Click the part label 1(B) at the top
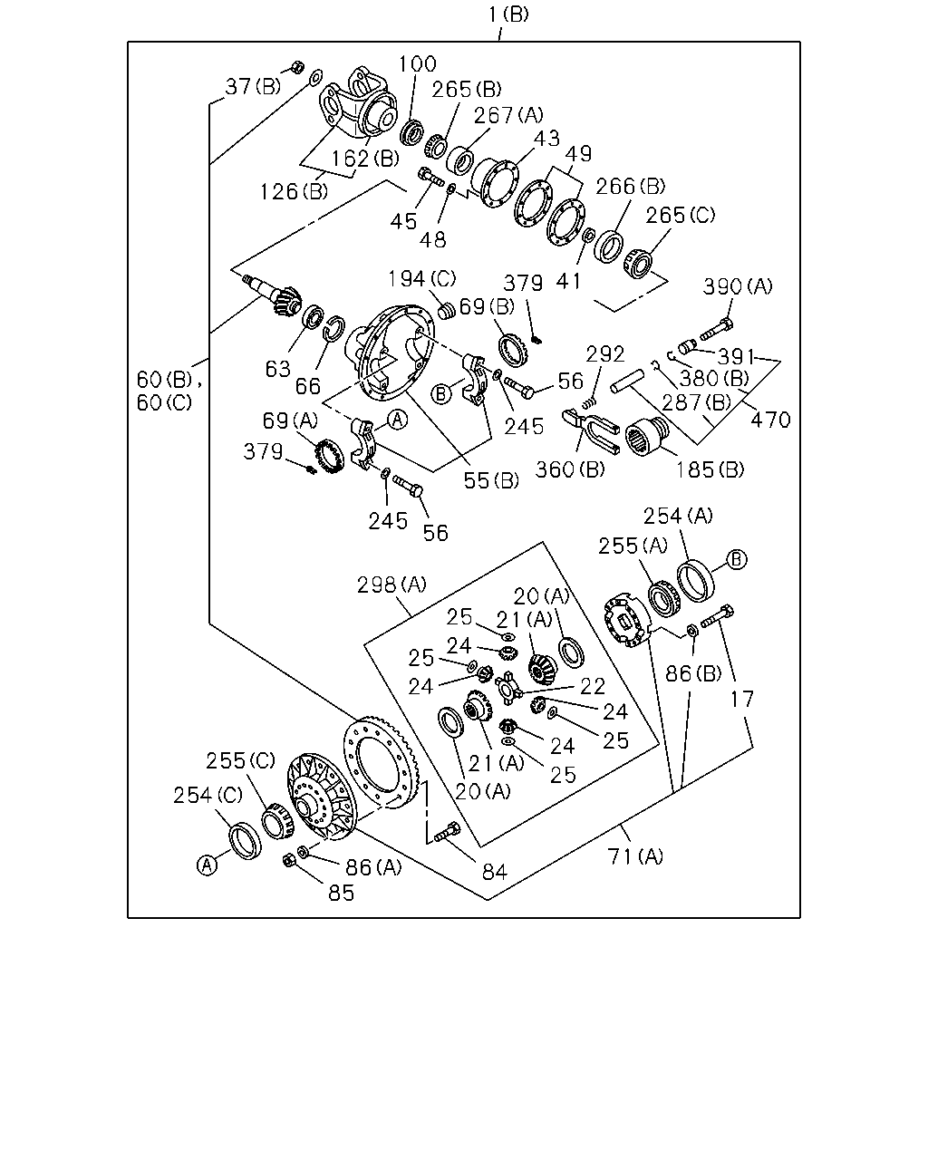(x=508, y=14)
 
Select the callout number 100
(x=417, y=64)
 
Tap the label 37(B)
(x=253, y=86)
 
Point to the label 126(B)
(x=294, y=191)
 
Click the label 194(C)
(x=422, y=279)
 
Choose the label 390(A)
(x=737, y=286)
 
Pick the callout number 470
(x=770, y=420)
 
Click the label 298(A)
(x=391, y=585)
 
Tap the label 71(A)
(x=635, y=856)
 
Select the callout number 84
(x=495, y=872)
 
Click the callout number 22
(x=593, y=686)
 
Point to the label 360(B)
(x=570, y=469)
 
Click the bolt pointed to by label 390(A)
(x=716, y=329)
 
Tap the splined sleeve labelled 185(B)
(x=646, y=437)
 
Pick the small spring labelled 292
(x=591, y=402)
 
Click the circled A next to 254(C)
(x=207, y=865)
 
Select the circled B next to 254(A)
(x=737, y=559)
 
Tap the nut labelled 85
(x=289, y=860)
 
